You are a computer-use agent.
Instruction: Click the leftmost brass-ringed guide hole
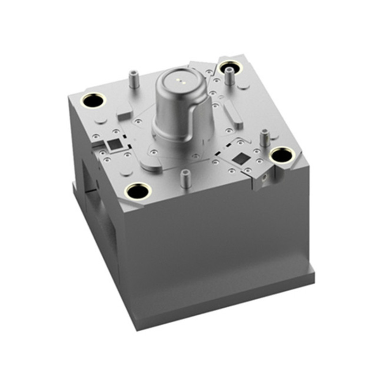(92, 100)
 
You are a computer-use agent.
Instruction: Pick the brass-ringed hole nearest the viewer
(138, 191)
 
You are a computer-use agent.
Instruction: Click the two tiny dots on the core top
(179, 80)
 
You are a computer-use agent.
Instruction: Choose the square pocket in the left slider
(114, 144)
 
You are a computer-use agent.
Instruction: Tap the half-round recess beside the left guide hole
(100, 120)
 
